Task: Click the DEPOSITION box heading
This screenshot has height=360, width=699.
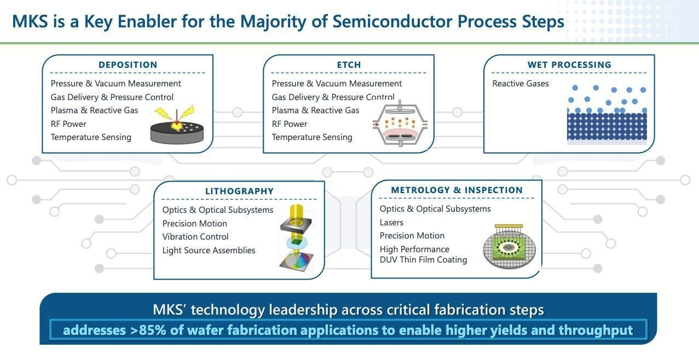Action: [x=128, y=65]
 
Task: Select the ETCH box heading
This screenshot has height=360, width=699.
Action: [x=349, y=65]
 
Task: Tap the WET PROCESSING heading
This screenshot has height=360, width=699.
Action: [x=569, y=65]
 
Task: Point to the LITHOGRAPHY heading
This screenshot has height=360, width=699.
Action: [x=239, y=191]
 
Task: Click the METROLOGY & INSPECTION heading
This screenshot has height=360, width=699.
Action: [x=457, y=190]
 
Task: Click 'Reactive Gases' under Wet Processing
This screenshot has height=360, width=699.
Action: [x=520, y=84]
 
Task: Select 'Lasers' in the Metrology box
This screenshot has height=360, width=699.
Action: [x=391, y=222]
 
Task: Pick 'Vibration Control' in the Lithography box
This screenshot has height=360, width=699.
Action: [x=195, y=237]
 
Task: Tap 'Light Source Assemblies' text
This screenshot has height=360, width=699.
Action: [x=209, y=250]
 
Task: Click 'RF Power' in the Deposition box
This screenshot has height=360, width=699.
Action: [x=68, y=124]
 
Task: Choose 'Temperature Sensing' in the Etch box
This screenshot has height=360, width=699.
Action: [x=312, y=137]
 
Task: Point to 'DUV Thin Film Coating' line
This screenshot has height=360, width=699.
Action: [x=423, y=260]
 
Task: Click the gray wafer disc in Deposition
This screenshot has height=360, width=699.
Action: [x=177, y=132]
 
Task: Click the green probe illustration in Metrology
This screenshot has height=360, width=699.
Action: [x=509, y=247]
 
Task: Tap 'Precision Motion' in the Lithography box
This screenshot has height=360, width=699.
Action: [x=194, y=223]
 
